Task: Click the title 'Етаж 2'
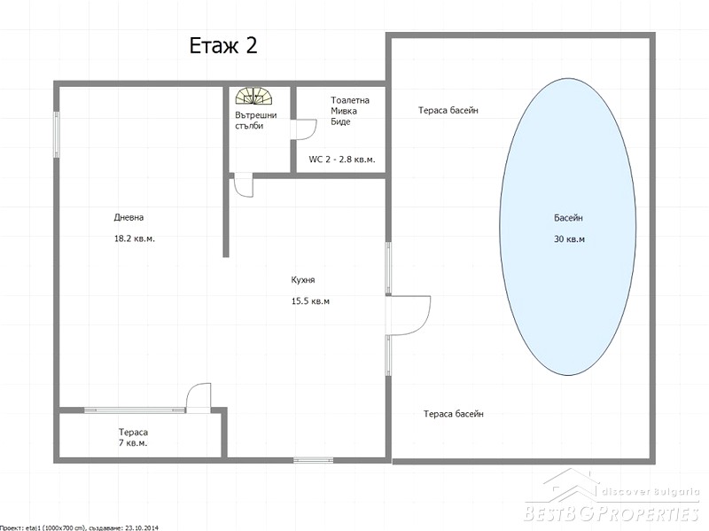coord(223,46)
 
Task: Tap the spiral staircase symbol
coord(254,96)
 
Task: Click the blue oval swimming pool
coord(568,227)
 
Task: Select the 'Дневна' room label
coord(129,217)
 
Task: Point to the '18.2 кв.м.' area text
coord(135,238)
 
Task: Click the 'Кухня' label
coord(303,280)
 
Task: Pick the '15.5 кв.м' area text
coord(310,301)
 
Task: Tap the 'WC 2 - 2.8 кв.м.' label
coord(342,160)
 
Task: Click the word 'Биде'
coord(340,121)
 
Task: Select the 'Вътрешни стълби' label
coord(255,121)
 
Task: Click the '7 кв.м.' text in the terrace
coord(133,443)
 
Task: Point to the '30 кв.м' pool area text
coord(569,238)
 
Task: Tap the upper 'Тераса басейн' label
coord(448,110)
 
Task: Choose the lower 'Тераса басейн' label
coord(454,414)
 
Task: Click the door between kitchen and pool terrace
coord(408,316)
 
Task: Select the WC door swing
coord(303,129)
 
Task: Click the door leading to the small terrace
coord(199,398)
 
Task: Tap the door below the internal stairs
coord(243,184)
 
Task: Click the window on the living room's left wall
coord(57,135)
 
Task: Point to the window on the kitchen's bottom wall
coord(314,460)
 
